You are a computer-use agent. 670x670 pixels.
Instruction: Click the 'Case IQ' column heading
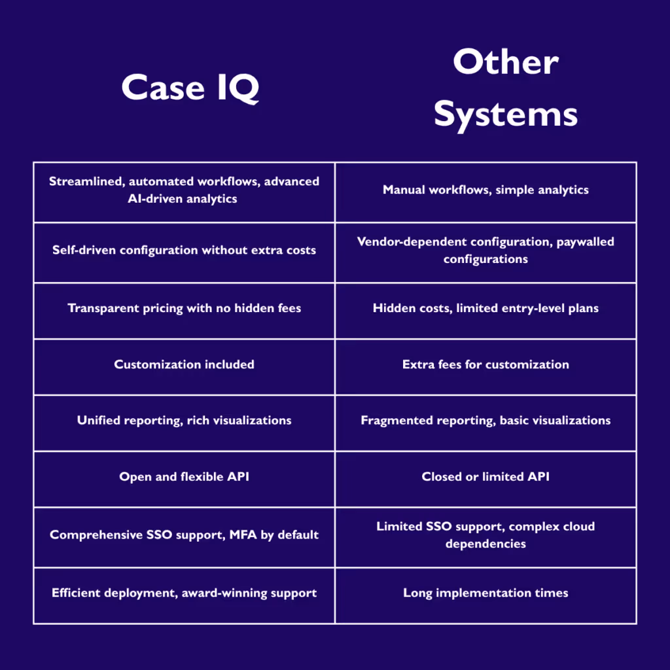coord(190,88)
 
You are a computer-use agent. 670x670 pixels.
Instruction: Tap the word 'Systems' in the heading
coord(506,115)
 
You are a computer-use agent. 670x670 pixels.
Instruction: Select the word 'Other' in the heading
coord(506,63)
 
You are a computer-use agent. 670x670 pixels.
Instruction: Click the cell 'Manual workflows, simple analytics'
coord(485,190)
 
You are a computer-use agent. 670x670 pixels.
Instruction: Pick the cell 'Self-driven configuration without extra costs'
coord(184,250)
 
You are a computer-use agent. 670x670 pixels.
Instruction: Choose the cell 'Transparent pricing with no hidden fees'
coord(184,308)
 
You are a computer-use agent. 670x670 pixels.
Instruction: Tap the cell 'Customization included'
coord(184,364)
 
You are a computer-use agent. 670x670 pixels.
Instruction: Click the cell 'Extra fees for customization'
coord(485,364)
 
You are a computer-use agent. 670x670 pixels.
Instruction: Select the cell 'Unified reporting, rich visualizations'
coord(184,420)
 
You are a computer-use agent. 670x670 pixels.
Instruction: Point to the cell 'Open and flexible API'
coord(184,477)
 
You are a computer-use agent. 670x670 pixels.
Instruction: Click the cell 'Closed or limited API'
coord(485,477)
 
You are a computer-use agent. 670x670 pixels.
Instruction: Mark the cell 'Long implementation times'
coord(485,593)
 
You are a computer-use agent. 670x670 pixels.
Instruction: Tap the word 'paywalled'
coord(586,242)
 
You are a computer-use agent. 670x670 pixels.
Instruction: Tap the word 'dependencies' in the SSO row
coord(485,544)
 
